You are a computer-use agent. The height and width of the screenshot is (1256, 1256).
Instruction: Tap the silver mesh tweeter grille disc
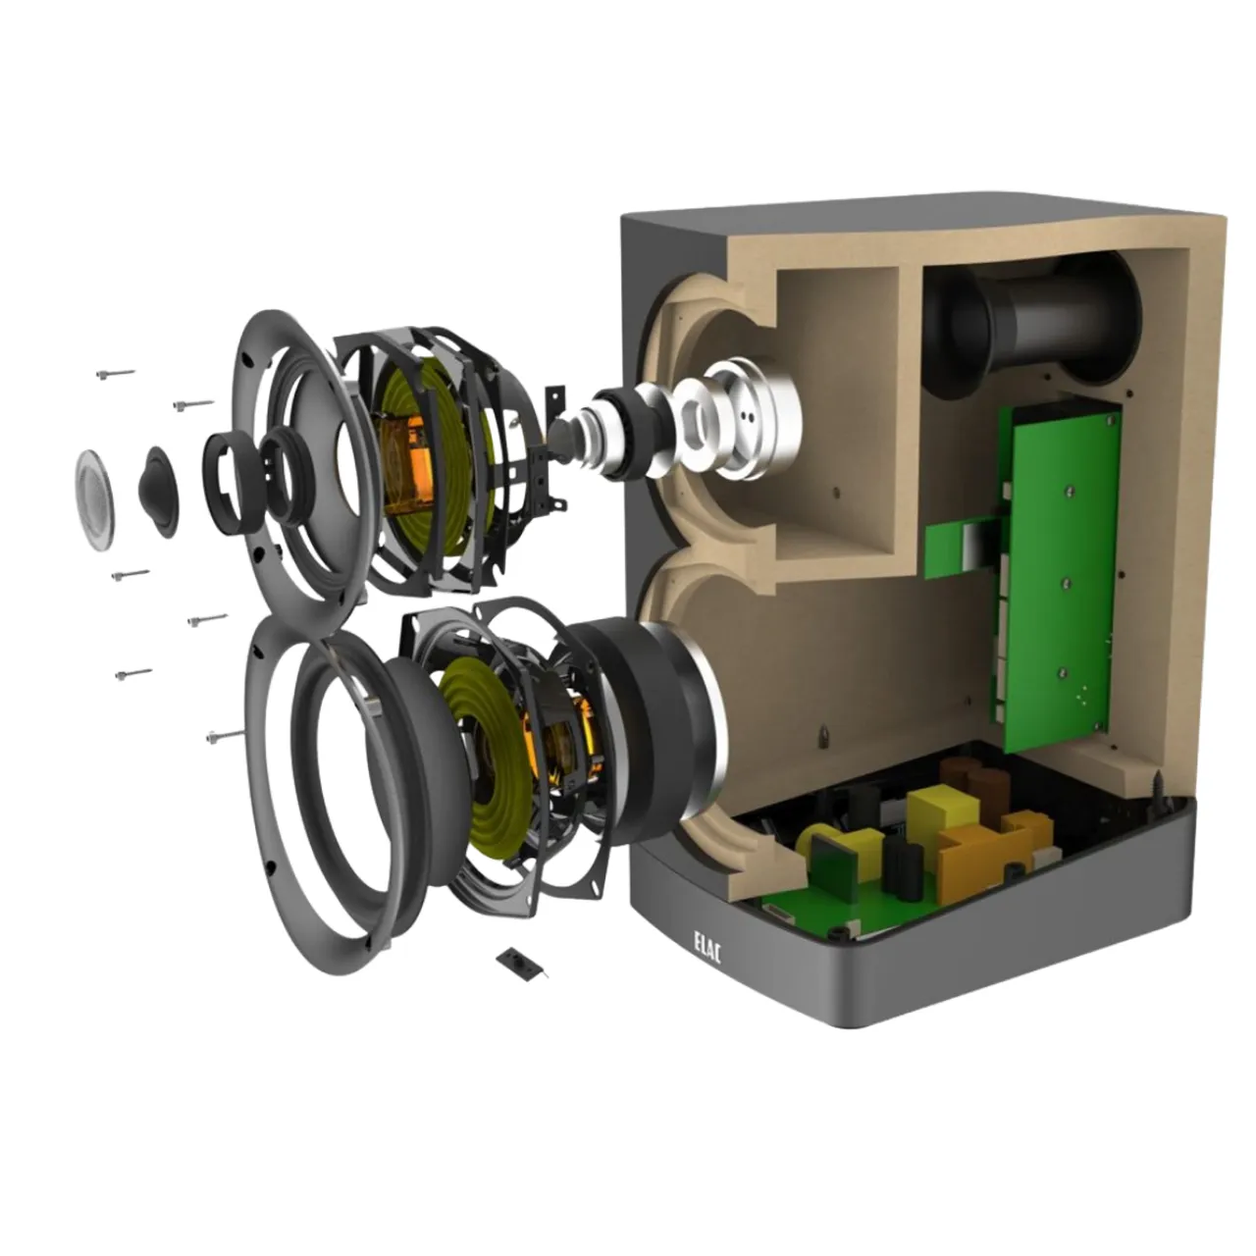(x=94, y=499)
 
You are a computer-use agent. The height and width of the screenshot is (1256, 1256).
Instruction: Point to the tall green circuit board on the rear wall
(x=1059, y=574)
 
